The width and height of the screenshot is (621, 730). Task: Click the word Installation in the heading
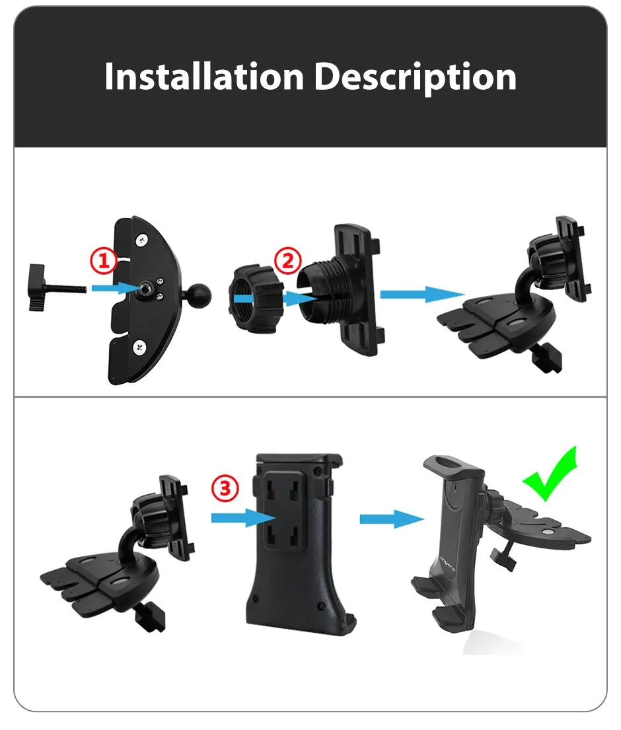pos(204,77)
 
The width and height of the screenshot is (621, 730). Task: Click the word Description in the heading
pos(416,78)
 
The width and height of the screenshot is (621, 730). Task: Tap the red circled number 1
pos(103,261)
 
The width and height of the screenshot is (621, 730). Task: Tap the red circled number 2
pos(288,260)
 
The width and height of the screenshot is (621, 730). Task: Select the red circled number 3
pos(225,488)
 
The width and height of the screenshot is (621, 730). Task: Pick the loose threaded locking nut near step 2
pos(256,299)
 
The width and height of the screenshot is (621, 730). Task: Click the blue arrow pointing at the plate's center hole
pos(116,288)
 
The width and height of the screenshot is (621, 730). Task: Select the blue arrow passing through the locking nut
pos(275,299)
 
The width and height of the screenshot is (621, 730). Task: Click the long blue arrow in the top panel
pos(422,294)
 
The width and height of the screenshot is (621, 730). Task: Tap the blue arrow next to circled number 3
pos(244,518)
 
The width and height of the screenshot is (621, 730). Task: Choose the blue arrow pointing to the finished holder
pos(392,519)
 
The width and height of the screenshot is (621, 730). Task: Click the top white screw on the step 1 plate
pos(141,240)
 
